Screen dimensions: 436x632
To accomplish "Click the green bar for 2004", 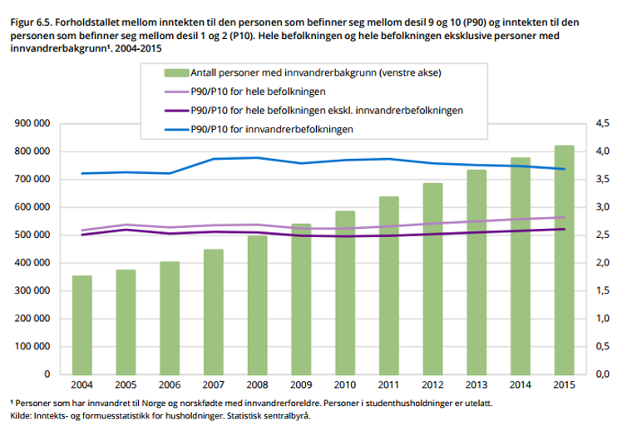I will coord(82,325).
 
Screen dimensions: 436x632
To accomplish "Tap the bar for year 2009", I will coord(300,299).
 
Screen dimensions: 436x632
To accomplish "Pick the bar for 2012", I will coord(431,279).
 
